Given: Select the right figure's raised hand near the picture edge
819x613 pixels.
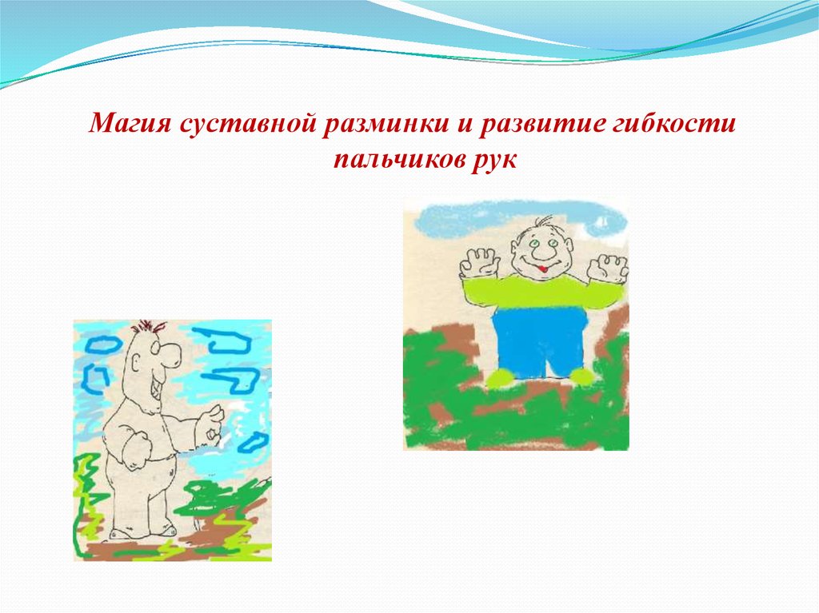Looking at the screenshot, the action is coord(607,269).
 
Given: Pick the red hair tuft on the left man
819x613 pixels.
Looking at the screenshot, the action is coord(149,328).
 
